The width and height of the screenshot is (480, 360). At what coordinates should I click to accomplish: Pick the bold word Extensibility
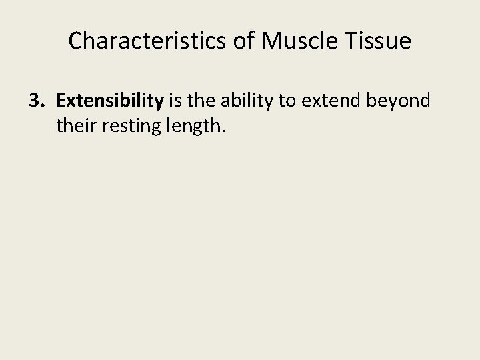pyautogui.click(x=110, y=101)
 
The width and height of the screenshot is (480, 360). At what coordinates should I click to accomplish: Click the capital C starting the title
pyautogui.click(x=75, y=41)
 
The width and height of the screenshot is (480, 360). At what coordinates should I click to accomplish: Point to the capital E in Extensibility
pyautogui.click(x=61, y=101)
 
